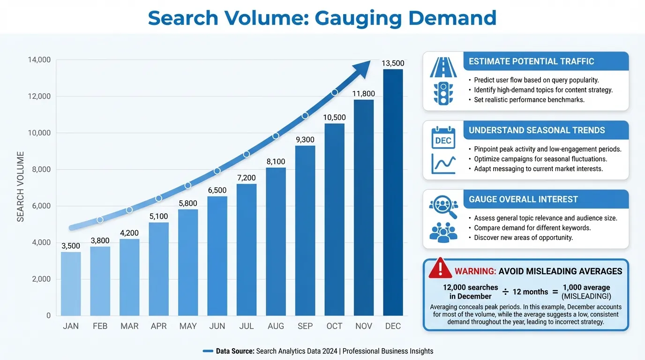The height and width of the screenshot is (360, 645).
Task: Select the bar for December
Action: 393,192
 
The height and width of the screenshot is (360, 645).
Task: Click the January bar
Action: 71,284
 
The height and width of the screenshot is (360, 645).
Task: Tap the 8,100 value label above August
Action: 276,162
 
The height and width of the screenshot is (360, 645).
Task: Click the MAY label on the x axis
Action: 188,326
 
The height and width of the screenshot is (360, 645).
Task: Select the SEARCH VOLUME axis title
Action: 21,186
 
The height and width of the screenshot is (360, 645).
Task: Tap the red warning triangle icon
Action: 440,268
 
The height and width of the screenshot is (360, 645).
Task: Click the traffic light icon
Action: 443,93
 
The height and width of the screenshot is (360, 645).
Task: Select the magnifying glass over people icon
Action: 443,206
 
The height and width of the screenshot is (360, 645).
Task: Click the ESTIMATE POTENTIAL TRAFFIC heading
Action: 531,61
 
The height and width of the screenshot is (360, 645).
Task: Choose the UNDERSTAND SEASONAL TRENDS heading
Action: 537,130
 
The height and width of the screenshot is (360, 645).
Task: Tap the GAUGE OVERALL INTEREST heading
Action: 523,199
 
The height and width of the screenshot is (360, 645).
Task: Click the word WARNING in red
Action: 475,271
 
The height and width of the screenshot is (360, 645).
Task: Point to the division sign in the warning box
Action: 505,292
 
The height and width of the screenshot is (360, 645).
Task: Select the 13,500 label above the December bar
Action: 393,63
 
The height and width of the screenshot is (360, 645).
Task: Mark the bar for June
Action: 217,255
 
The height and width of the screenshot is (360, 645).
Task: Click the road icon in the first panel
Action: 443,67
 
